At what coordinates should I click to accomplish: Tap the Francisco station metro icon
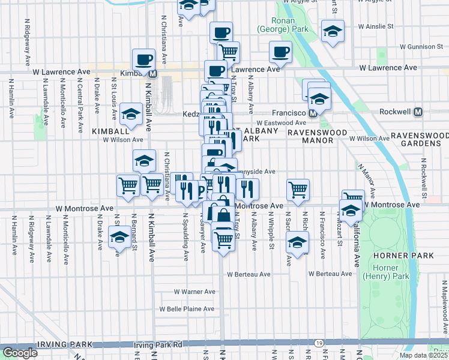click(313, 113)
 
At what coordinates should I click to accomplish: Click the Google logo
click(20, 353)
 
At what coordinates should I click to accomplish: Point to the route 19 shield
click(318, 343)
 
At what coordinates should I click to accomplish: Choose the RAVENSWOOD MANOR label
click(310, 136)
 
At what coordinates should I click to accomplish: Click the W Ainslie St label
click(375, 26)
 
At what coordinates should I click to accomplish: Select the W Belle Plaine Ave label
click(186, 309)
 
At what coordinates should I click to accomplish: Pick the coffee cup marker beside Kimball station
click(143, 59)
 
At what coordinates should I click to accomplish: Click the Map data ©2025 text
click(423, 355)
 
